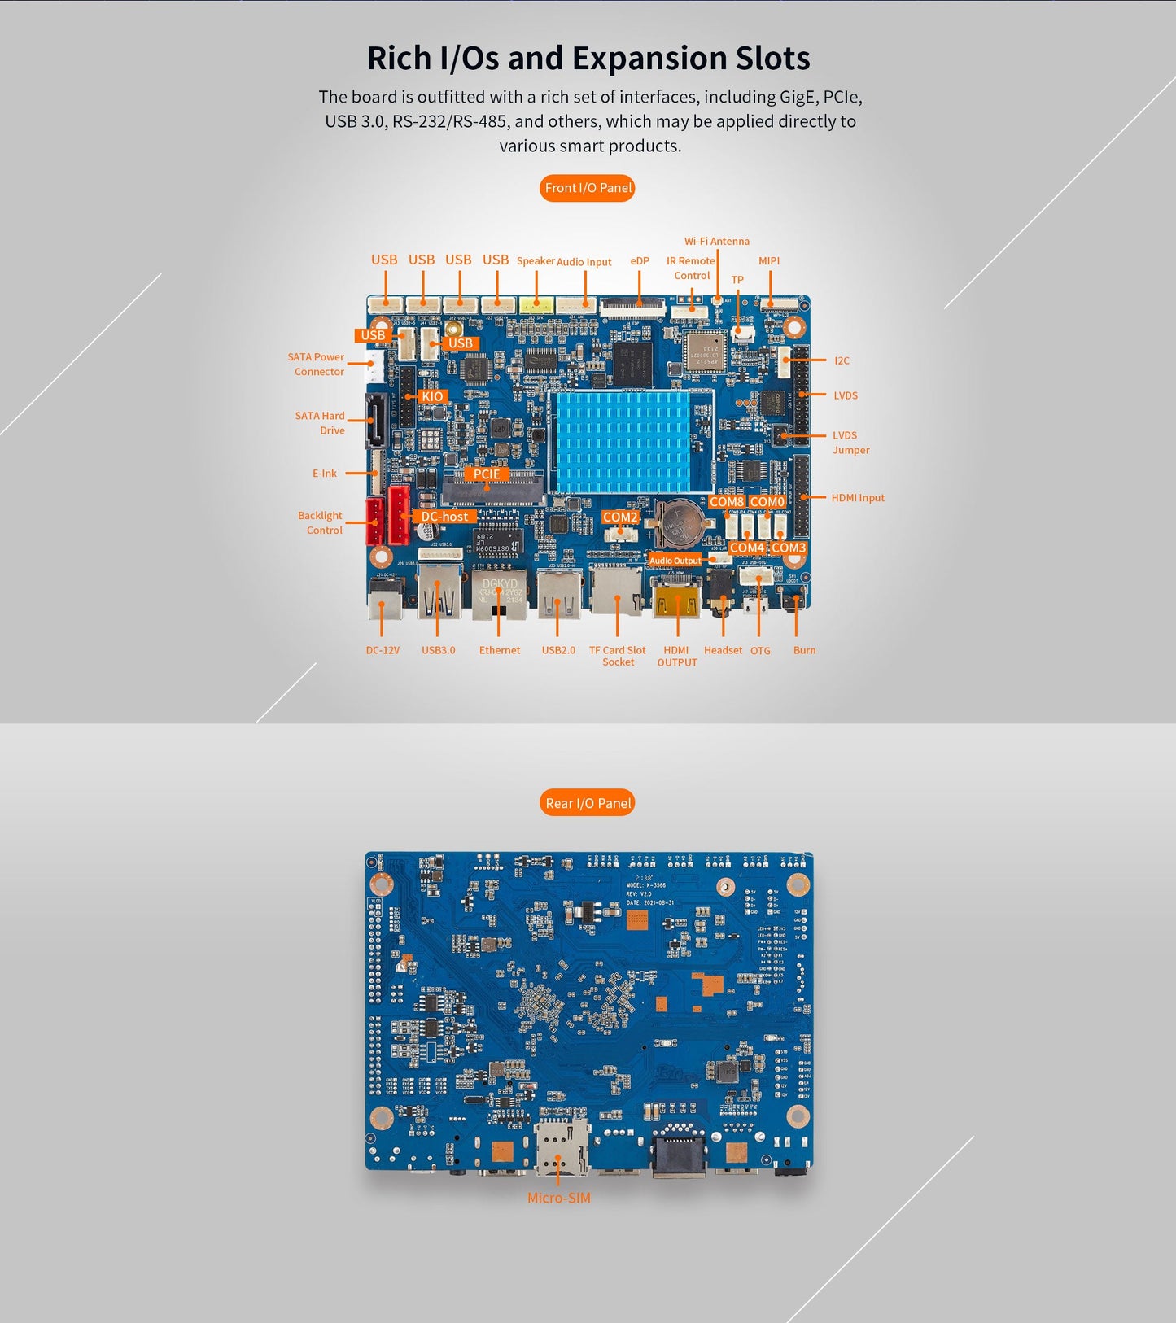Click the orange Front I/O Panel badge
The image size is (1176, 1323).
click(587, 188)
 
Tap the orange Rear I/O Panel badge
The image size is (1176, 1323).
click(587, 803)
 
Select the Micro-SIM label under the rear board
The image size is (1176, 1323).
click(558, 1198)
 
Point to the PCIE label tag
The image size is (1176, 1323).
click(487, 474)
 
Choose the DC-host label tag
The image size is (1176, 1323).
click(444, 517)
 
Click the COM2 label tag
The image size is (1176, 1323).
click(619, 517)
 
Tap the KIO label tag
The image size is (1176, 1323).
click(432, 396)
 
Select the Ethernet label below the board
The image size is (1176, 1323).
click(499, 650)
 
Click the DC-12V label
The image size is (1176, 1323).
click(383, 650)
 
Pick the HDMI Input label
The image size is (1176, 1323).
click(857, 498)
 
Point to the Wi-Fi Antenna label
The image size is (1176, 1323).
click(716, 242)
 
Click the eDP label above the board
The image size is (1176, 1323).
click(640, 261)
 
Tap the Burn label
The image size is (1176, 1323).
click(804, 650)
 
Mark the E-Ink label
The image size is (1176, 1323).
click(324, 474)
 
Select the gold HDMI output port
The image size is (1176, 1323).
click(676, 600)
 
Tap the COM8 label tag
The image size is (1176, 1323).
click(726, 502)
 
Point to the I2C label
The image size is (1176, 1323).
click(842, 360)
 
